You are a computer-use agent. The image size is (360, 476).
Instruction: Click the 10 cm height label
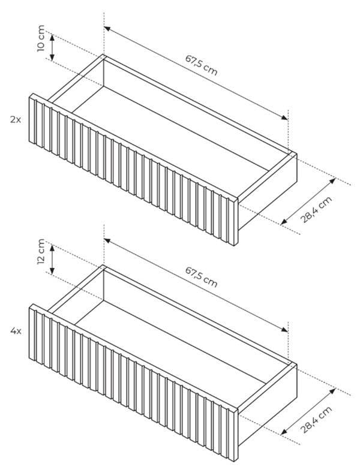[x=41, y=38]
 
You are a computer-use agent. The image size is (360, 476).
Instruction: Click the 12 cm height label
[x=41, y=252]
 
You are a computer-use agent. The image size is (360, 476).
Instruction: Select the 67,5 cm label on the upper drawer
[x=202, y=65]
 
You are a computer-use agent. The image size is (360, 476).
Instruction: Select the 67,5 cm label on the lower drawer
[x=202, y=277]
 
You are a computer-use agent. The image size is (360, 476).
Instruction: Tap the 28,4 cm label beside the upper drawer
[x=316, y=210]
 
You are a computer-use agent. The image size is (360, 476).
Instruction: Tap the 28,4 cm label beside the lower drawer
[x=316, y=420]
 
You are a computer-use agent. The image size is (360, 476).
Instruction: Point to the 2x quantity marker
[x=16, y=119]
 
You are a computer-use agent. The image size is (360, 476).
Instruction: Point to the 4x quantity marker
[x=16, y=331]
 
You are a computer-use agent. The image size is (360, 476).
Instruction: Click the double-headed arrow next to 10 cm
[x=52, y=47]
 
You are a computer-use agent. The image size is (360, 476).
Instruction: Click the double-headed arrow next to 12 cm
[x=52, y=259]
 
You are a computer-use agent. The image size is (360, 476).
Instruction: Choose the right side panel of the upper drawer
[x=268, y=191]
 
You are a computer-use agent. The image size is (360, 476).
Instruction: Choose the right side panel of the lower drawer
[x=268, y=402]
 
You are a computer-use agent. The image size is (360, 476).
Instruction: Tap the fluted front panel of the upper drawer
[x=134, y=170]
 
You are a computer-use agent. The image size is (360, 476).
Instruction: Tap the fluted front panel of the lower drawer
[x=134, y=382]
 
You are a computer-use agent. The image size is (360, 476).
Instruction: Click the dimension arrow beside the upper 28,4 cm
[x=308, y=201]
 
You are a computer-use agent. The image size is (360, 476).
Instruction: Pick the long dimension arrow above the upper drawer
[x=196, y=73]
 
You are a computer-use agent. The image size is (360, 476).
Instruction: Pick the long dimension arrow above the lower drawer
[x=196, y=285]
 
